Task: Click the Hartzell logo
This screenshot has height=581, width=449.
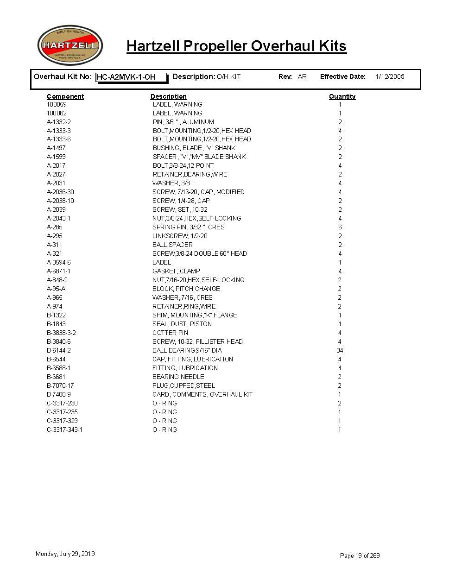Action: (x=70, y=45)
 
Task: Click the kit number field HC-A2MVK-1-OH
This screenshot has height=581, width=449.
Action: (x=131, y=77)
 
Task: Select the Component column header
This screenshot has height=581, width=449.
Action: (x=65, y=96)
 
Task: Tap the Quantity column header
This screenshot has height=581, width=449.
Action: (x=342, y=96)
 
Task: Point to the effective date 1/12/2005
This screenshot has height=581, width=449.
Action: (x=390, y=76)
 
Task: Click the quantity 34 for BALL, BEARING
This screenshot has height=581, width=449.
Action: (x=340, y=350)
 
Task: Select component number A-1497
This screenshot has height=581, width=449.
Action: (x=56, y=148)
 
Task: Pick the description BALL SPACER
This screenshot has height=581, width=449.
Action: (x=172, y=245)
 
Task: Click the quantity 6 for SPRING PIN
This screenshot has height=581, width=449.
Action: (x=340, y=227)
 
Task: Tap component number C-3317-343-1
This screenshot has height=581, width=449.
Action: (x=64, y=429)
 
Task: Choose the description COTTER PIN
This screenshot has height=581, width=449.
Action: (x=170, y=333)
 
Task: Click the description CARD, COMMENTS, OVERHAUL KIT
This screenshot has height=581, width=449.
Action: (x=202, y=394)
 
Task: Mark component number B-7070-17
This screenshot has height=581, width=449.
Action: (x=60, y=385)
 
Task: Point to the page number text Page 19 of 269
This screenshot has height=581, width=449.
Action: (x=360, y=556)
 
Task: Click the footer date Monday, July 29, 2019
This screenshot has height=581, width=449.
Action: (x=65, y=554)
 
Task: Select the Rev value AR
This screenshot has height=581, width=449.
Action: (x=302, y=76)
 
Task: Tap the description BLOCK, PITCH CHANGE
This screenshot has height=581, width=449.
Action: (x=186, y=289)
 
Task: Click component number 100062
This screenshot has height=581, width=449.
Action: (x=57, y=113)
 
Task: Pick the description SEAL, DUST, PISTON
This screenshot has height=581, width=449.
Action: (x=182, y=324)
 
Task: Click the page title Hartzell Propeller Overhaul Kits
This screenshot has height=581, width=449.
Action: (x=236, y=46)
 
